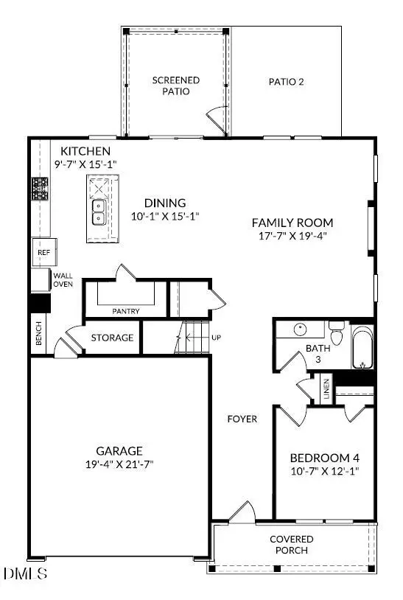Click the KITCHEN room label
pos(85,152)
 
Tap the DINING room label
pos(165,203)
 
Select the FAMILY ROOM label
pos(292,223)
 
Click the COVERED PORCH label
pos(291,545)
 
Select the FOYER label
pos(242,419)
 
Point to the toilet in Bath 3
pos(336,335)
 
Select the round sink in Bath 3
pos(301,329)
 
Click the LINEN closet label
pos(326,388)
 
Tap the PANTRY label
pos(126,311)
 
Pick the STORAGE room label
pos(112,338)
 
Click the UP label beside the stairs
pos(215,338)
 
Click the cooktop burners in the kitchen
pos(39,189)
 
